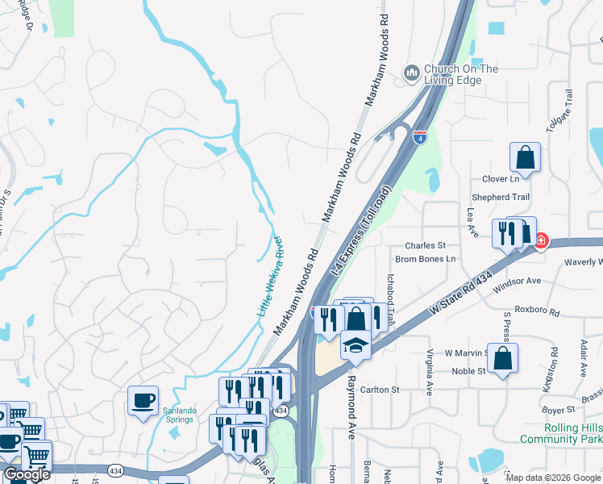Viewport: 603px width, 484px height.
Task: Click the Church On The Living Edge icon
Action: coord(412,74)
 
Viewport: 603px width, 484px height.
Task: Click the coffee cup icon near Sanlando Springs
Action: coord(143,401)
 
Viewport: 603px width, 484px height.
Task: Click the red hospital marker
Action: coord(540,240)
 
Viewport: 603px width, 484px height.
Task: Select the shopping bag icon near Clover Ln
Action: coord(525,158)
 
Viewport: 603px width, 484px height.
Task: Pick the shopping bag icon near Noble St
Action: coord(502,359)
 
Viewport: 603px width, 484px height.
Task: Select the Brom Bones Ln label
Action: coord(426,259)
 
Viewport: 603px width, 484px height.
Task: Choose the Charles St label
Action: coord(426,245)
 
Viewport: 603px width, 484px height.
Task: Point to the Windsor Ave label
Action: coord(519,282)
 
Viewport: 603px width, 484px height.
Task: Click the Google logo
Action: coord(27,474)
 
